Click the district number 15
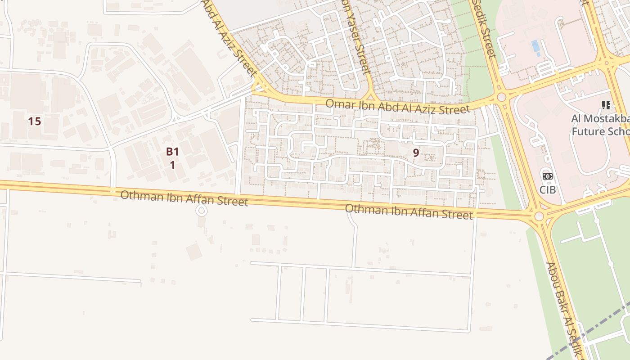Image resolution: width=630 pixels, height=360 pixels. tap(34, 121)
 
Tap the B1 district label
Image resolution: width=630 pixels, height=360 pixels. tap(172, 152)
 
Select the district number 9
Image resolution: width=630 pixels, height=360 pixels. tap(416, 153)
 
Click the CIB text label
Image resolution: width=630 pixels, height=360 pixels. tap(548, 190)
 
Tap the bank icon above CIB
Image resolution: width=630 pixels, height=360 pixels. tap(548, 177)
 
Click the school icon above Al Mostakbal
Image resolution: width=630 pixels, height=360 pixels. tap(606, 105)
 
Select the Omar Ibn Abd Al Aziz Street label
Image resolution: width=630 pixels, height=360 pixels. tap(397, 106)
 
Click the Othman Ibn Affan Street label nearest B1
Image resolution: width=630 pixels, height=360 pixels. tap(184, 198)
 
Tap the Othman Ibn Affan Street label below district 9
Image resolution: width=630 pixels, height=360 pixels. tap(409, 211)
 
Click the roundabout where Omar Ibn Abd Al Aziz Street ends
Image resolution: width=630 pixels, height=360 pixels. tap(502, 97)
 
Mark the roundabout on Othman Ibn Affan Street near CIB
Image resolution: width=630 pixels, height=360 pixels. tap(539, 216)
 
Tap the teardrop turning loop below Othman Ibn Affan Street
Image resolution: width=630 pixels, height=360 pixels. tap(202, 210)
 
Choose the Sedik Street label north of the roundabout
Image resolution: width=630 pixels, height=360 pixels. tap(484, 29)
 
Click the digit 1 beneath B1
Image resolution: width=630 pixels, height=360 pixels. tap(172, 165)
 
